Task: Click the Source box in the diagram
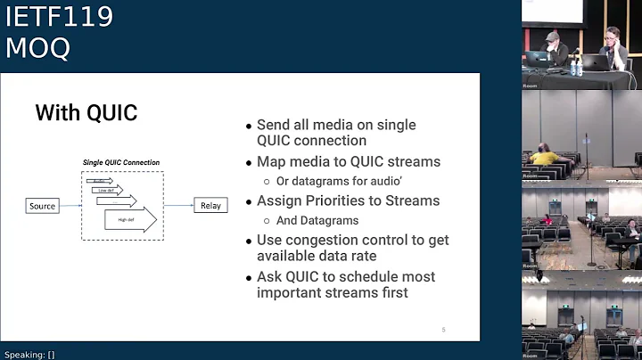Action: [x=42, y=206]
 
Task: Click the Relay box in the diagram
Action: [x=210, y=206]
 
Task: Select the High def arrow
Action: [x=130, y=219]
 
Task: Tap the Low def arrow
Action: [x=109, y=190]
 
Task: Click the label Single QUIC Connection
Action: [x=121, y=162]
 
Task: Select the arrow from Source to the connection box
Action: [x=70, y=206]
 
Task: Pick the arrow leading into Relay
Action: [x=177, y=206]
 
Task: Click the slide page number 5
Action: [x=443, y=331]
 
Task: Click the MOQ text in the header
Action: [x=37, y=48]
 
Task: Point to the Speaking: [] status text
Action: [x=29, y=354]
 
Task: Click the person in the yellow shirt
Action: [x=545, y=157]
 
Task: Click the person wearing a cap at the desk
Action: [x=552, y=45]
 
